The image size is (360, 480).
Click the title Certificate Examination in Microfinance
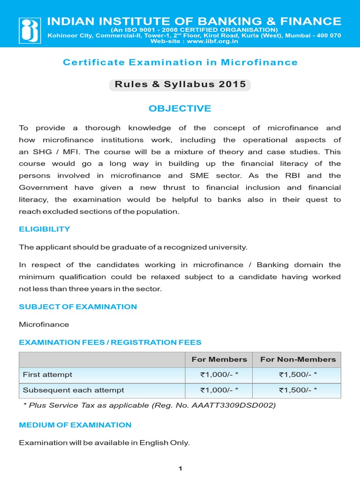[180, 62]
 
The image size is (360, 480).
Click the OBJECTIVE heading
[180, 109]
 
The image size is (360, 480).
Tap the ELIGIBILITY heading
[45, 229]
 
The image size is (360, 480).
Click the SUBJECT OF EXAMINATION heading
[78, 307]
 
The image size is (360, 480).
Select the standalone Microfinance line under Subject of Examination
[44, 324]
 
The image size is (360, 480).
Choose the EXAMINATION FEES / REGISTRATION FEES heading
[110, 343]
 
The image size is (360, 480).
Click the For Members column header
[219, 360]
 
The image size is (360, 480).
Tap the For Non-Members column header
[298, 360]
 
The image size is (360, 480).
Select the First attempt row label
[48, 375]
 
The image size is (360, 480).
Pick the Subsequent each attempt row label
[74, 390]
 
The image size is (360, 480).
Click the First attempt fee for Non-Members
[298, 375]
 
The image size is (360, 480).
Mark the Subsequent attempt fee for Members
[219, 390]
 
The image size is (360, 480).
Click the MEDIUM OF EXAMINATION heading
[75, 425]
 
